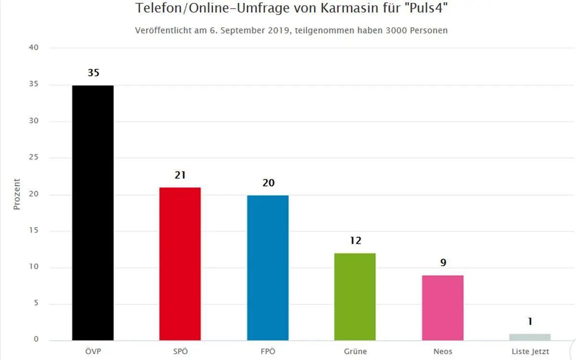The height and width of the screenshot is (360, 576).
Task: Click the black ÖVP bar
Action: (x=93, y=213)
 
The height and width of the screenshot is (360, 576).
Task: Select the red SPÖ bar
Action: (x=180, y=264)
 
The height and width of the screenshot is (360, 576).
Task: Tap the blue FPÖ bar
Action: (x=268, y=267)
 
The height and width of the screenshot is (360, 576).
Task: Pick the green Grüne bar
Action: (x=355, y=297)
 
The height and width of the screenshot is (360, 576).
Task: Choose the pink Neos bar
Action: (x=443, y=308)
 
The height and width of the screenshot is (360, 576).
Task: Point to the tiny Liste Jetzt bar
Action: (x=530, y=337)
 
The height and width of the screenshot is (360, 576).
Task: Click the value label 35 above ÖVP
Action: (x=93, y=73)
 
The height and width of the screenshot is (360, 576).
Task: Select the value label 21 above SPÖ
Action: (x=180, y=175)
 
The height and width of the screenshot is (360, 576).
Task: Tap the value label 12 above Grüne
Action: (x=355, y=241)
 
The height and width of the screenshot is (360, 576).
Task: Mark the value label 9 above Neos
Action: (x=443, y=263)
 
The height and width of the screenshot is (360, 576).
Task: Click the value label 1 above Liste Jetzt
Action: (x=530, y=322)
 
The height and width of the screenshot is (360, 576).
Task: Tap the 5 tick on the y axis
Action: (x=36, y=304)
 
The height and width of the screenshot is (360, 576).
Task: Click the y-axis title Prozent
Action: (x=17, y=194)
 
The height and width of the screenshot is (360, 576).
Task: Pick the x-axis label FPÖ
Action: (x=268, y=352)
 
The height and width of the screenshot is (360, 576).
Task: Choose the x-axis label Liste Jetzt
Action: (x=530, y=352)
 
